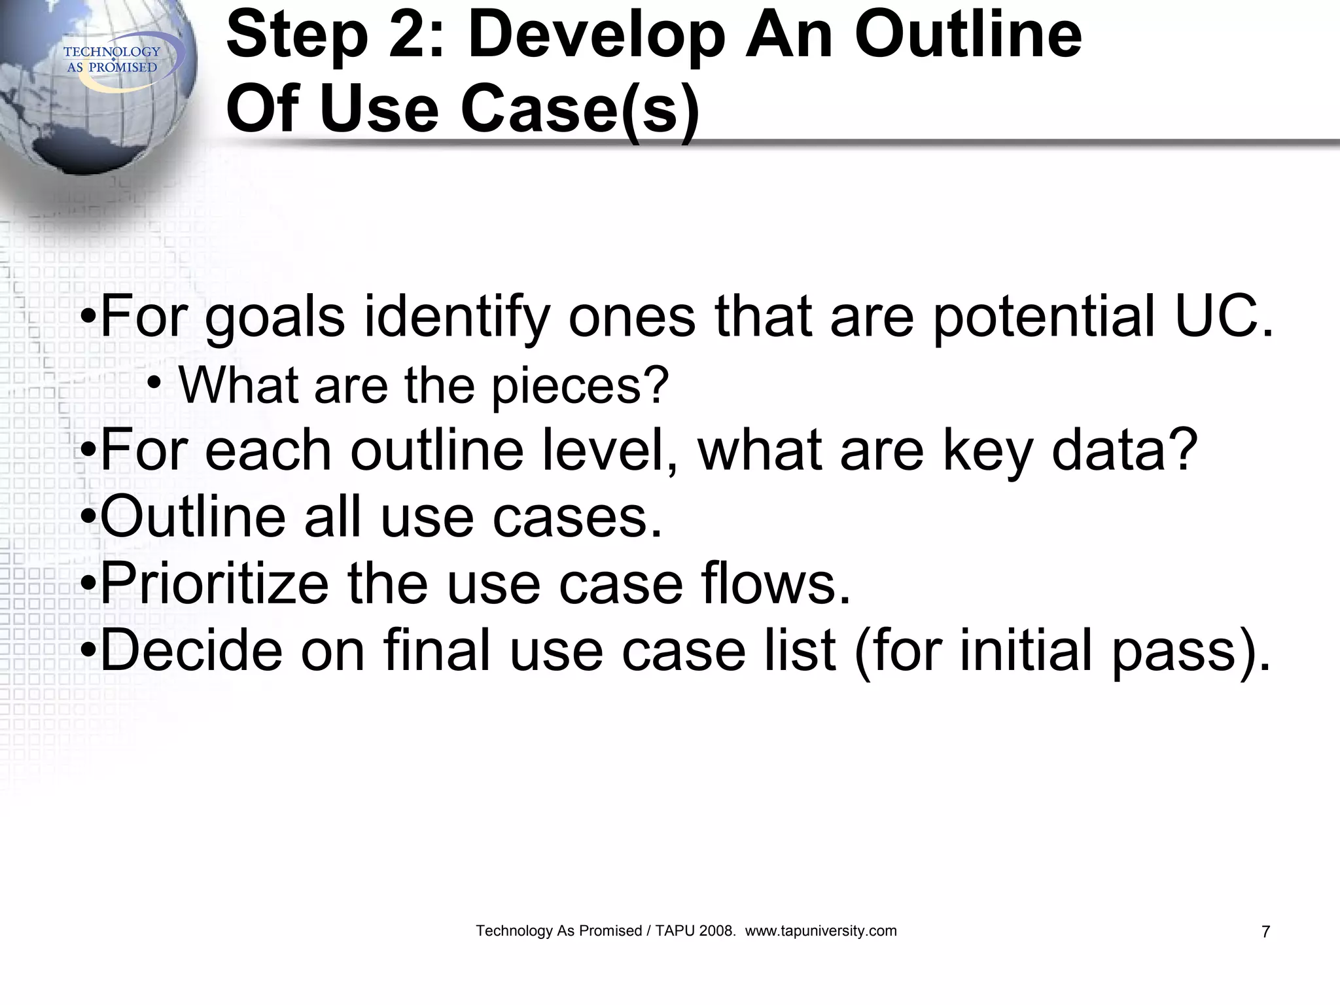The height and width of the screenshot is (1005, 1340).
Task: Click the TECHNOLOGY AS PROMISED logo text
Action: [x=112, y=60]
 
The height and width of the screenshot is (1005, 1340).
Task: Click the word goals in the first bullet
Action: [x=275, y=318]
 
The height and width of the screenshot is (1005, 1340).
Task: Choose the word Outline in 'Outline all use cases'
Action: [x=192, y=517]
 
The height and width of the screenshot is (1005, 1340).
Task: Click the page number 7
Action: [x=1265, y=932]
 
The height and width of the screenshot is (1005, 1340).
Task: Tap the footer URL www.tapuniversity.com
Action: [x=820, y=931]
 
